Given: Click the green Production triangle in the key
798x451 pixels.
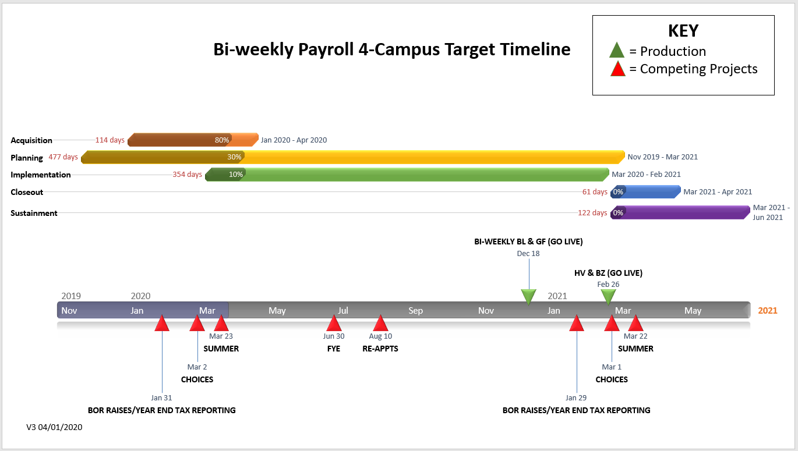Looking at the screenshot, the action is [617, 50].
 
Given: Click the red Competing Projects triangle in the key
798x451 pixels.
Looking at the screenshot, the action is [617, 69].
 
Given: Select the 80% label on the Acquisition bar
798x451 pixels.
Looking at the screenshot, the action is [221, 140].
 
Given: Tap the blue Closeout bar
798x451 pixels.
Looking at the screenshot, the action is [645, 192].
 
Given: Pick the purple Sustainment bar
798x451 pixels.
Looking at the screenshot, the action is [680, 212].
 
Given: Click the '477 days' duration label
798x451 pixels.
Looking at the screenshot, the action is [63, 157].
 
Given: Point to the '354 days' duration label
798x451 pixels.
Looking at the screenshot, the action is [188, 175].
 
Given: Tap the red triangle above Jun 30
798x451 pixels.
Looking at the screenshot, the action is [334, 323].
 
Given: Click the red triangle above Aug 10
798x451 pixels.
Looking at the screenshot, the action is [380, 323].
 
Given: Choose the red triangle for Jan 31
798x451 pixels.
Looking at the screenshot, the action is [162, 323].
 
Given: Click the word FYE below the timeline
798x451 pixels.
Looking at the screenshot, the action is [333, 349].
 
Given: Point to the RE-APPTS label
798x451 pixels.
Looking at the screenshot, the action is [380, 349].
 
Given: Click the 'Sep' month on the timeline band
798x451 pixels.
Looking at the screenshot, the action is [415, 311].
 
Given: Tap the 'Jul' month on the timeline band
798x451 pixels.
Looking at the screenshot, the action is [342, 311].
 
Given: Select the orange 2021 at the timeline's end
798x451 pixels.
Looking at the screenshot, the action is [768, 311].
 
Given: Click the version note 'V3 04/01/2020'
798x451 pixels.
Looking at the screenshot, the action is [54, 427].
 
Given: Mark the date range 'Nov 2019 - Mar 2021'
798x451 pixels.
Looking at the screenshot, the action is [663, 157].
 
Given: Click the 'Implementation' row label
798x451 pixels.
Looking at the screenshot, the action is [41, 175].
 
